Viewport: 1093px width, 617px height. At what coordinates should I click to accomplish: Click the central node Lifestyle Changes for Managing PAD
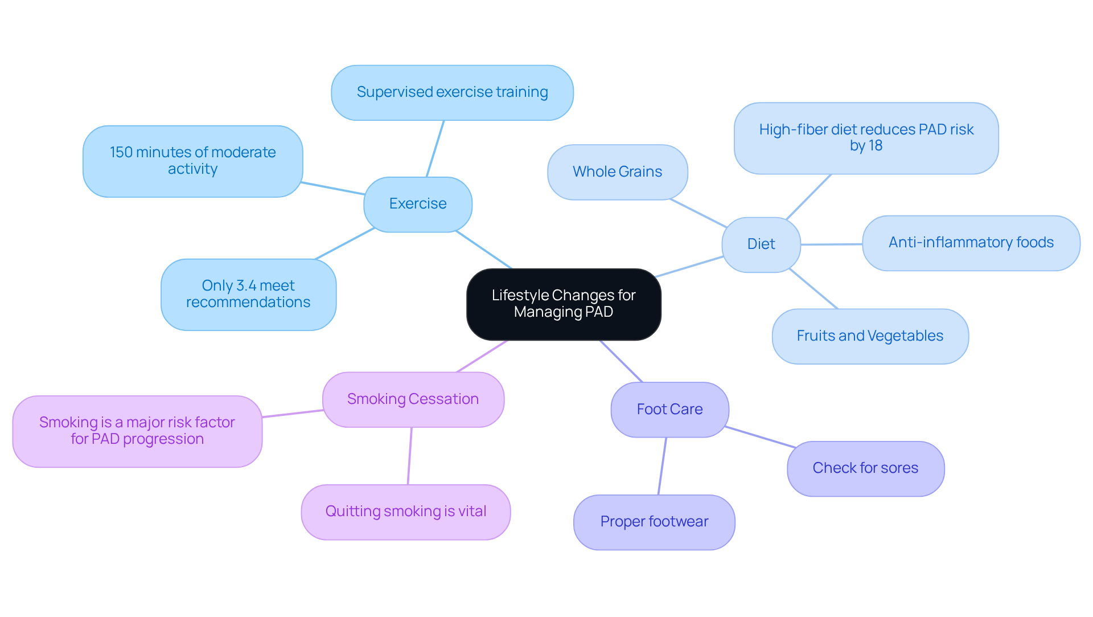[564, 304]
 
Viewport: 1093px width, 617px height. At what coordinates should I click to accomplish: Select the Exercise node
[418, 204]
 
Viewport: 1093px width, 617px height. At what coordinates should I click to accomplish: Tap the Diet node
[761, 244]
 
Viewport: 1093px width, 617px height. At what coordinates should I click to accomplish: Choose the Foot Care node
[669, 410]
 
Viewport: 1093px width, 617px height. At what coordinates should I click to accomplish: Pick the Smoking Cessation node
[413, 399]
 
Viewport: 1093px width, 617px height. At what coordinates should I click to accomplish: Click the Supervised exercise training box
[452, 92]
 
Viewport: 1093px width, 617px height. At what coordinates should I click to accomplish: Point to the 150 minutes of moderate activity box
[192, 161]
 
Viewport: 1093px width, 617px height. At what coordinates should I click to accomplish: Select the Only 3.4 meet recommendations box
[248, 295]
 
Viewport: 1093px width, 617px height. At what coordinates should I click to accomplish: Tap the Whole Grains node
[617, 172]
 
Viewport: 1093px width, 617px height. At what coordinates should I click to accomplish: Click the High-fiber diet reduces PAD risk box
[866, 138]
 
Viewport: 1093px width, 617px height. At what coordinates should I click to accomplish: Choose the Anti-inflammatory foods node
[971, 243]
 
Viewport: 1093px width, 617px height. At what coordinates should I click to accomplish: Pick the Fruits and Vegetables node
[870, 336]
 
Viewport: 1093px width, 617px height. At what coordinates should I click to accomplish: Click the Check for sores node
[865, 468]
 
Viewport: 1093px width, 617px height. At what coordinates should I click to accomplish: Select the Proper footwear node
[654, 522]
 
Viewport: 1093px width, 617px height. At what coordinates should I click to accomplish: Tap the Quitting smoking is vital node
[405, 512]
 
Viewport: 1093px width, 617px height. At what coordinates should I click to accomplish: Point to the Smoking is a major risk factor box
[137, 431]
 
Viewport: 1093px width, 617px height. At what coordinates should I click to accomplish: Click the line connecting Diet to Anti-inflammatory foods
[831, 244]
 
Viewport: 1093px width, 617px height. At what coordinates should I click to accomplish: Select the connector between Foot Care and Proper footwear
[662, 466]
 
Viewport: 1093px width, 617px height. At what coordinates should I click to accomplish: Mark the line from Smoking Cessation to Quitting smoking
[409, 456]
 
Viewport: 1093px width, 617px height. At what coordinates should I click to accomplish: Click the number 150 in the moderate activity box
[121, 153]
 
